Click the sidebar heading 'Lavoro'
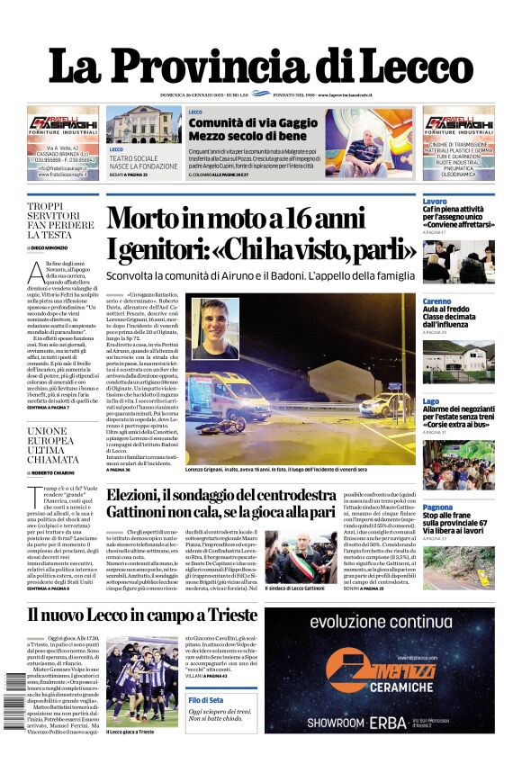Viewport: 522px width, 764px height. tap(435, 201)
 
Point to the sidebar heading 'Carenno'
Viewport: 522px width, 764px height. tap(437, 301)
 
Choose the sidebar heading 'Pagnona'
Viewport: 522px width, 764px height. tap(438, 508)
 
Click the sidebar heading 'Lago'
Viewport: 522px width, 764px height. tap(431, 401)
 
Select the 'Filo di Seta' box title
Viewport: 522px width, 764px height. tap(206, 699)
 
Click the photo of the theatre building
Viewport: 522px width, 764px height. tap(131, 124)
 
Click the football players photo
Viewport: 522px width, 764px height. tap(141, 682)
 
